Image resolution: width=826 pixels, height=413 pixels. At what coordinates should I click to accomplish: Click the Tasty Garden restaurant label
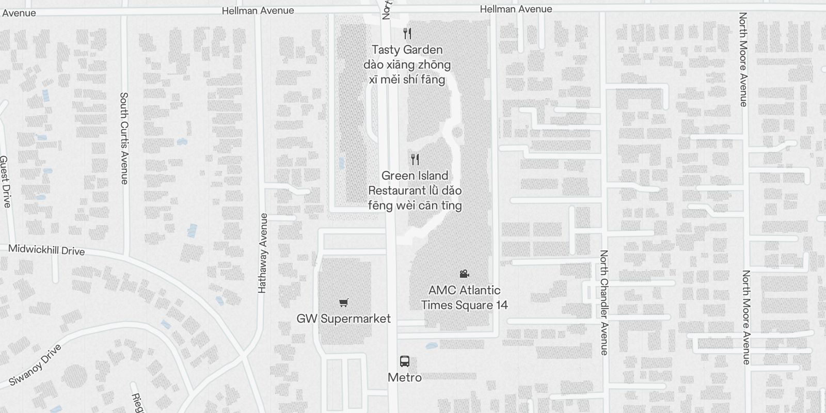click(x=407, y=50)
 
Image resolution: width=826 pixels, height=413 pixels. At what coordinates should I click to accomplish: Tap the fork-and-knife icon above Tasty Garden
click(x=407, y=34)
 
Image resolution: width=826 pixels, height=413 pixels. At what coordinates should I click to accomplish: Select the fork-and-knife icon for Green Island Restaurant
click(x=415, y=159)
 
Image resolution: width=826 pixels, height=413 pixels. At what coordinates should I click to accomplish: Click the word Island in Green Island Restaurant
click(x=430, y=176)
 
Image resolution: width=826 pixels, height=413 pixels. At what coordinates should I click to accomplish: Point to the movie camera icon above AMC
click(x=464, y=274)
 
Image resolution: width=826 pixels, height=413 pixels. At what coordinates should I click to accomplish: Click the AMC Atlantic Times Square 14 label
click(x=464, y=297)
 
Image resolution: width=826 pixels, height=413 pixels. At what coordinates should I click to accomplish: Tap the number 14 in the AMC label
click(x=501, y=305)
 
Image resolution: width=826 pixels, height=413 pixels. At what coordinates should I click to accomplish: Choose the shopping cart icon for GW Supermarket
click(x=343, y=303)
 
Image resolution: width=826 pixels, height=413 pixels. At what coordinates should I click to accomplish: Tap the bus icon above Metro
click(x=405, y=361)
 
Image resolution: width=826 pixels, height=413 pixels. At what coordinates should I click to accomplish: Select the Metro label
click(x=405, y=377)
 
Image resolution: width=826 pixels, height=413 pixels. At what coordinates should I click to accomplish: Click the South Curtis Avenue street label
click(x=124, y=138)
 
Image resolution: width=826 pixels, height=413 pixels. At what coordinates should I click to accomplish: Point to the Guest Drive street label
click(x=5, y=182)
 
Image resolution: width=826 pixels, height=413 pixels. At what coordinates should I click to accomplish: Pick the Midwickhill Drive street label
click(x=46, y=250)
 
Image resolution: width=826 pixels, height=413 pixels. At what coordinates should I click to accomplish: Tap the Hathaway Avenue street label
click(x=263, y=253)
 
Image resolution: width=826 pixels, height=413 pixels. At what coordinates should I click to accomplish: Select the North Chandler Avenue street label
click(x=604, y=303)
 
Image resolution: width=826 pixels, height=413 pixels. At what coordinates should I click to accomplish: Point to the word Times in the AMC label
click(x=439, y=305)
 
